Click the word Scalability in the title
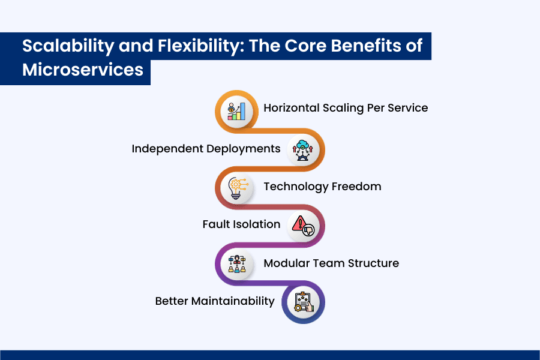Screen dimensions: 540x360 pyautogui.click(x=68, y=46)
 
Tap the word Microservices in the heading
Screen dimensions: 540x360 pyautogui.click(x=83, y=70)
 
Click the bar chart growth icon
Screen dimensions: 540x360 pyautogui.click(x=236, y=111)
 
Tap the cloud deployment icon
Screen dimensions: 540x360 pyautogui.click(x=302, y=150)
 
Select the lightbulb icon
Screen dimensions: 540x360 pyautogui.click(x=237, y=188)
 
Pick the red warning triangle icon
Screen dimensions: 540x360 pyautogui.click(x=299, y=223)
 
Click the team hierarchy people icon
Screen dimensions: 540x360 pyautogui.click(x=237, y=264)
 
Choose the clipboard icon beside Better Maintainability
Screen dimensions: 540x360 pyautogui.click(x=304, y=302)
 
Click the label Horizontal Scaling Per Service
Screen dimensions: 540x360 pyautogui.click(x=346, y=108)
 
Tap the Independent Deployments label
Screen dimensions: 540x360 pyautogui.click(x=206, y=149)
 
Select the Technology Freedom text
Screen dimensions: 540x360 pyautogui.click(x=322, y=187)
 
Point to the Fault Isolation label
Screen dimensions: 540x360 pyautogui.click(x=241, y=224)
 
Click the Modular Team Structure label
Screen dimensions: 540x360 pyautogui.click(x=331, y=263)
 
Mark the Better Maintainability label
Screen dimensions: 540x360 pyautogui.click(x=215, y=301)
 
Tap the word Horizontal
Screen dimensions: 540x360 pyautogui.click(x=292, y=108)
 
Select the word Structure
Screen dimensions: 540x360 pyautogui.click(x=373, y=263)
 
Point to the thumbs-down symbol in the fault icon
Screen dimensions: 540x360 pyautogui.click(x=308, y=230)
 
